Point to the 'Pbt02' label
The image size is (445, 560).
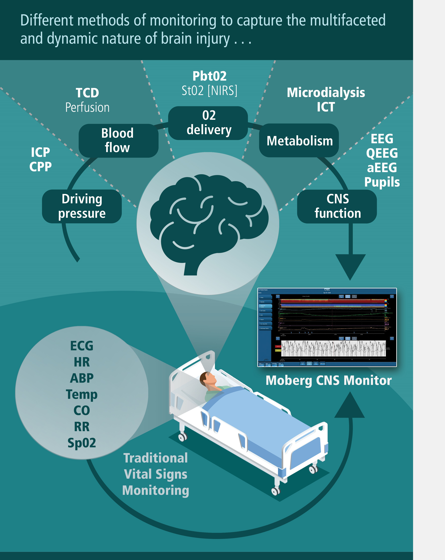click(x=209, y=76)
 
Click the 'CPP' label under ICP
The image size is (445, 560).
click(x=41, y=167)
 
